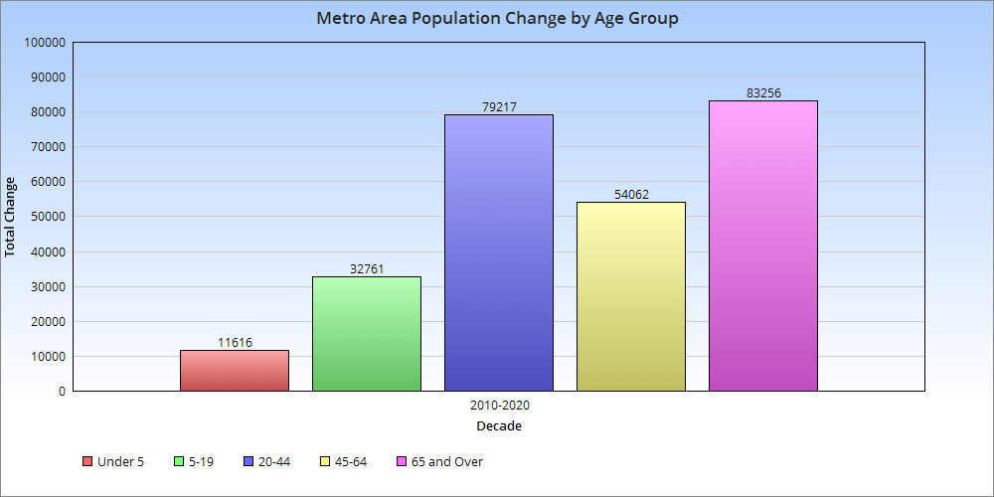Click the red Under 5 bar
pos(235,371)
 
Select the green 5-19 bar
pos(367,334)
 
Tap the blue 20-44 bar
pos(499,252)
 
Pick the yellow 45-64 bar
pos(631,296)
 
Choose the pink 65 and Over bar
pos(763,246)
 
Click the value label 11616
pos(235,343)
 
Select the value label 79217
pos(499,107)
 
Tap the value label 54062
pos(631,195)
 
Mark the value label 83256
pos(763,93)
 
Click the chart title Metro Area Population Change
pos(497,19)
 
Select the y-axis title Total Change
pos(11,217)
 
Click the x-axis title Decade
pos(499,426)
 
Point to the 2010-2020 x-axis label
pos(499,407)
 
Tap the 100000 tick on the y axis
pos(44,43)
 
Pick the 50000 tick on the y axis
pos(47,217)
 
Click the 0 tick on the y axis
pos(62,392)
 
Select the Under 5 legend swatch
pos(87,462)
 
